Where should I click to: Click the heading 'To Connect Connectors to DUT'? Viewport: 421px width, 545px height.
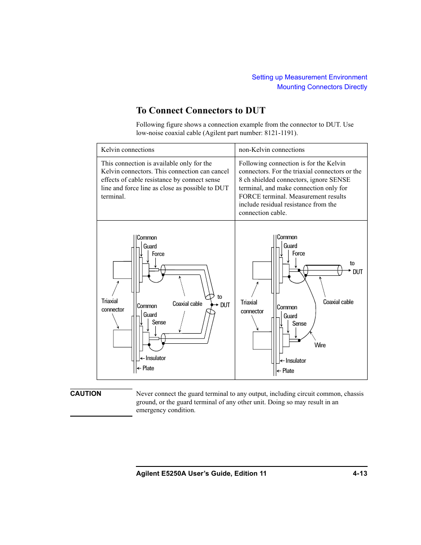click(201, 110)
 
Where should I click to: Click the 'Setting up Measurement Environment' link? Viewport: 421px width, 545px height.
click(309, 77)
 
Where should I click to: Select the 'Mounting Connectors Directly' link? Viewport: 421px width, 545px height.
click(322, 87)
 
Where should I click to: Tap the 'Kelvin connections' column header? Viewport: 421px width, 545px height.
click(128, 150)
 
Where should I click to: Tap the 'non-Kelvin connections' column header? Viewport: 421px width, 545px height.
click(271, 150)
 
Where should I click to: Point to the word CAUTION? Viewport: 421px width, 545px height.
click(86, 394)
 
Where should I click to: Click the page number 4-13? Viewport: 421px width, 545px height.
click(360, 474)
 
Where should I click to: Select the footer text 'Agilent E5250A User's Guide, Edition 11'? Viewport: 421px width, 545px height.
click(201, 474)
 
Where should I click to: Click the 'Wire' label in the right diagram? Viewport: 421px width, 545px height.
click(320, 346)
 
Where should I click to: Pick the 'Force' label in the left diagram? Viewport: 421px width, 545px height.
click(158, 254)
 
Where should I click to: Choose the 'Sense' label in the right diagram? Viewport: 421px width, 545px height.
click(299, 324)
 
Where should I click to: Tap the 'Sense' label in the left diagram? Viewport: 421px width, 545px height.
click(159, 323)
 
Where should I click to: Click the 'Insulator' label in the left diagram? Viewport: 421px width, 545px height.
click(155, 358)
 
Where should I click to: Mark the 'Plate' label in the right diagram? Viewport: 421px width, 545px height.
click(288, 371)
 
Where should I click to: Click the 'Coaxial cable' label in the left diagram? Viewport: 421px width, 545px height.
click(187, 304)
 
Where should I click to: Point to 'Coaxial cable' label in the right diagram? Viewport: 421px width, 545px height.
click(338, 302)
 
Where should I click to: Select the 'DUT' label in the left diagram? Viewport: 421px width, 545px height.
click(225, 305)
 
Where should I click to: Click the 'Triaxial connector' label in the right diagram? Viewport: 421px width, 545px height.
click(252, 307)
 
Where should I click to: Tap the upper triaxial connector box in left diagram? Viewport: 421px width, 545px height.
click(122, 270)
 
